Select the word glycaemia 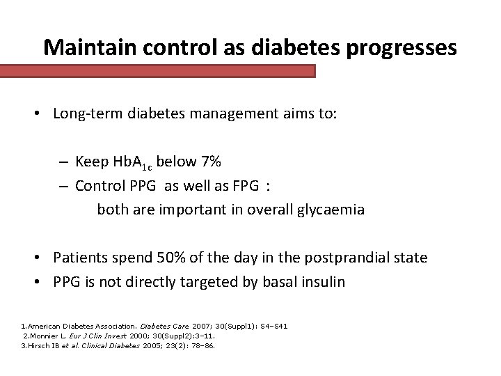click(x=329, y=210)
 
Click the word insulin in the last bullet click(x=323, y=282)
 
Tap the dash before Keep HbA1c click(x=63, y=163)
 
